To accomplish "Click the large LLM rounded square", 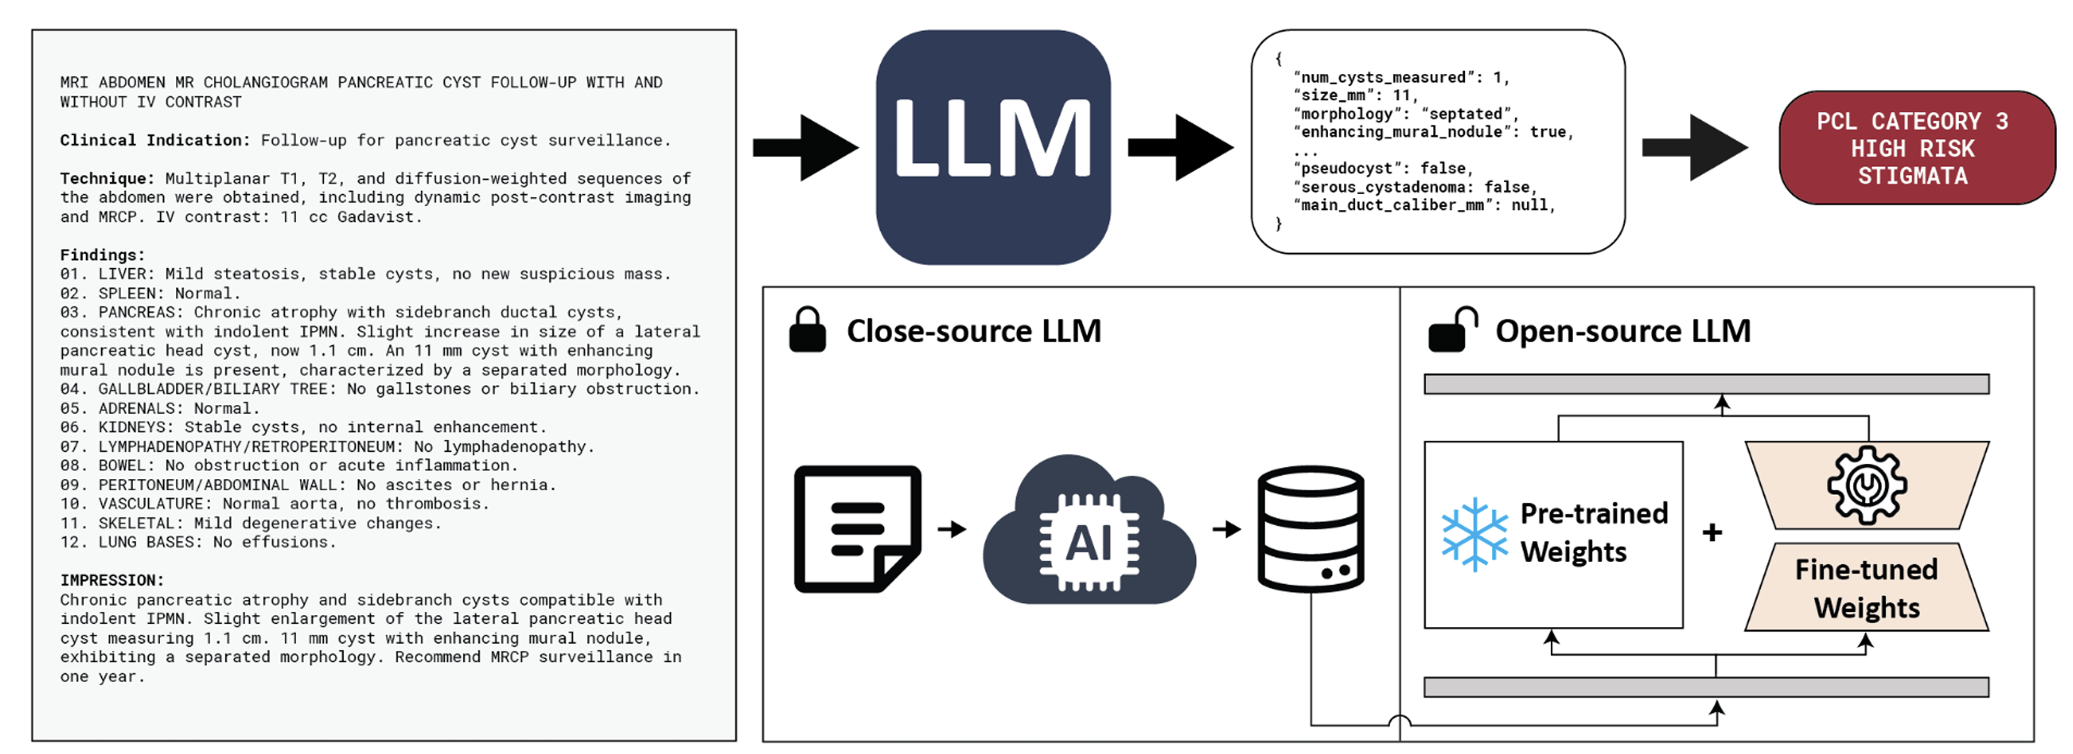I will (993, 147).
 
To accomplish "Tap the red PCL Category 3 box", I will (1916, 148).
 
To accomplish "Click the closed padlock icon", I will (807, 330).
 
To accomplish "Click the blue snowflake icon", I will (1474, 534).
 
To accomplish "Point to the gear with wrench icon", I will (1866, 485).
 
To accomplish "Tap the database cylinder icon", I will (1310, 529).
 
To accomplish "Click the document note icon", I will (857, 529).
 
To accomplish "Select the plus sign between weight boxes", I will (1713, 532).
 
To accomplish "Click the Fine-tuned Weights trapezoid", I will (1866, 589).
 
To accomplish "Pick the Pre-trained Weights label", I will (1593, 532).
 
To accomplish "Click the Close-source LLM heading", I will (973, 331).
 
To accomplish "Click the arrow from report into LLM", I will (805, 147).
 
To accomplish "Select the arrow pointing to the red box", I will (1694, 147).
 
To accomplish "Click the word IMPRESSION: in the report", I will (112, 580).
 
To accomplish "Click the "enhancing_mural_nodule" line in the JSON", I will (1432, 132).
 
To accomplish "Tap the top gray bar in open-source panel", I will (1706, 384).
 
